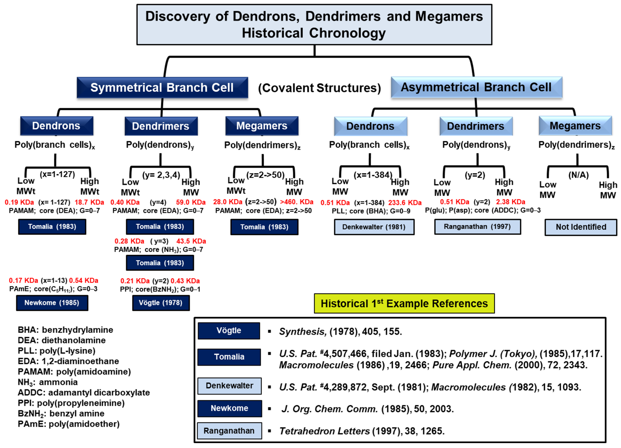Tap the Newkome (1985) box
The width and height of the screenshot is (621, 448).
(x=52, y=303)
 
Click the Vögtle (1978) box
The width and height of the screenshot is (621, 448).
(x=161, y=303)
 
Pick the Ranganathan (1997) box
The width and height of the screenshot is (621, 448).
(x=477, y=227)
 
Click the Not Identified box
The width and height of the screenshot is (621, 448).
(x=581, y=227)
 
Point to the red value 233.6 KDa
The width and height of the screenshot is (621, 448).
(x=405, y=203)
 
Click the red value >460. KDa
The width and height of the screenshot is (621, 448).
(x=297, y=202)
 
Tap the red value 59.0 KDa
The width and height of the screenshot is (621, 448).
(x=191, y=202)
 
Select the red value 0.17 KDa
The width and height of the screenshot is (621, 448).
(x=23, y=281)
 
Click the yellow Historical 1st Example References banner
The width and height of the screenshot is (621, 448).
(x=404, y=304)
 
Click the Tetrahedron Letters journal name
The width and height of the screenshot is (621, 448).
(x=324, y=431)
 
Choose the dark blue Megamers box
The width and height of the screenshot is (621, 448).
(x=262, y=126)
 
